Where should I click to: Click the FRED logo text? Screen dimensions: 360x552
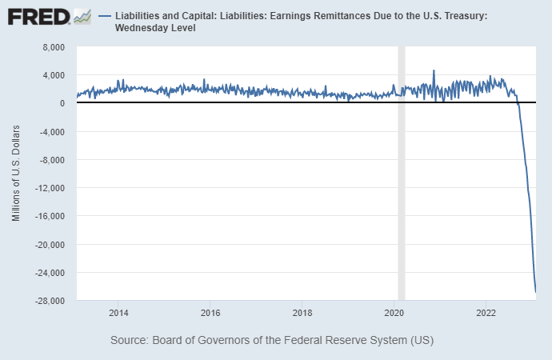click(38, 16)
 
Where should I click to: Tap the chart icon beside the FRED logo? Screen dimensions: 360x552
click(82, 16)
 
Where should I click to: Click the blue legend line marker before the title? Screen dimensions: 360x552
click(105, 16)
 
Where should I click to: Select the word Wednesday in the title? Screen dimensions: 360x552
click(150, 28)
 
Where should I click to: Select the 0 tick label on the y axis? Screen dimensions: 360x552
click(67, 103)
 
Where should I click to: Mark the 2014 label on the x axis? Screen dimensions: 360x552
click(118, 312)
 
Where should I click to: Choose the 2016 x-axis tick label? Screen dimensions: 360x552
click(210, 312)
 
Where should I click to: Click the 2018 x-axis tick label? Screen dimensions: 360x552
click(302, 312)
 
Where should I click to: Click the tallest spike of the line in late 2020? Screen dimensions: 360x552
click(434, 70)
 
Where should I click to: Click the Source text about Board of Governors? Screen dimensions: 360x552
click(272, 341)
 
